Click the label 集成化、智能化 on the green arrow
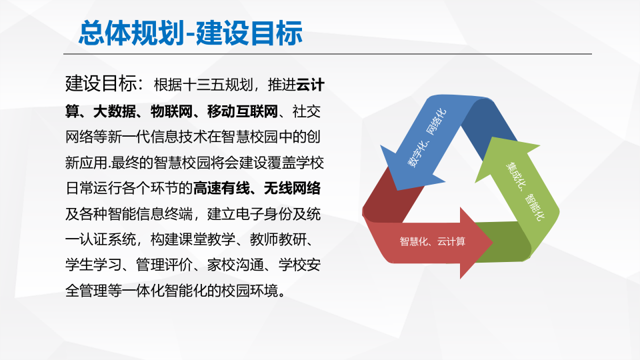coord(526,189)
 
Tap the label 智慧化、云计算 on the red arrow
coord(433,241)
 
